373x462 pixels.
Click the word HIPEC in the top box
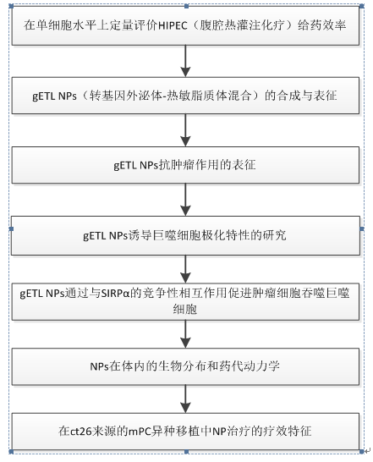click(x=173, y=25)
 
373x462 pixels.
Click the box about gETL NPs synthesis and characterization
click(x=185, y=96)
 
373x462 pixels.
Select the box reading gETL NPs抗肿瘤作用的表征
click(x=185, y=165)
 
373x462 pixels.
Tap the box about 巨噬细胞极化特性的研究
click(x=185, y=236)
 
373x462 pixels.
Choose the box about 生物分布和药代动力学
click(x=185, y=366)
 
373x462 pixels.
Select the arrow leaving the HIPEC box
click(x=185, y=61)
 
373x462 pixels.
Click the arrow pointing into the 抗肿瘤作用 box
click(x=185, y=130)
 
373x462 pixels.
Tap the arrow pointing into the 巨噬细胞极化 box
click(x=185, y=200)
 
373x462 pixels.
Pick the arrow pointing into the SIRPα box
click(x=185, y=269)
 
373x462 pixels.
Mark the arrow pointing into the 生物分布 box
click(x=185, y=334)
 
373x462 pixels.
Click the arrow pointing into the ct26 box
click(x=185, y=399)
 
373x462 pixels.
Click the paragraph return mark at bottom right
click(x=367, y=450)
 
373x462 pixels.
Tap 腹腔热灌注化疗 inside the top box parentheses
click(x=242, y=25)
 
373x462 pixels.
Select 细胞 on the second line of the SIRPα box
click(x=185, y=310)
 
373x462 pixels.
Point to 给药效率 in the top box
click(x=321, y=25)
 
